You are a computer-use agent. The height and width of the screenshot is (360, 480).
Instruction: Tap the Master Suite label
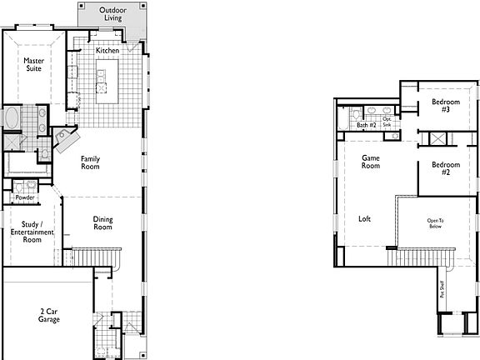(33, 64)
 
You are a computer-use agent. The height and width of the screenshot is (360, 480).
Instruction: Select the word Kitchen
(107, 51)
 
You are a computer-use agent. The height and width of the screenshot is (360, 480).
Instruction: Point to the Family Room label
(90, 162)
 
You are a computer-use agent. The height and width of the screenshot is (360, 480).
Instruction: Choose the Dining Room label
(102, 222)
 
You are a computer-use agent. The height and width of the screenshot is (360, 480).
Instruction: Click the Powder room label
(25, 197)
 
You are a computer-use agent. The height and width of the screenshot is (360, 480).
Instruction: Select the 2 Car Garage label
(49, 315)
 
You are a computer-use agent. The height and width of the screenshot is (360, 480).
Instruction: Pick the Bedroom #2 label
(440, 168)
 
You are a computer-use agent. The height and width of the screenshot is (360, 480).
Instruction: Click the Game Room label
(371, 161)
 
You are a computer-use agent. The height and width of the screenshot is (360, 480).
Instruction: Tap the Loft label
(364, 219)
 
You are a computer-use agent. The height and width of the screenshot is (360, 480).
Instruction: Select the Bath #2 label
(367, 125)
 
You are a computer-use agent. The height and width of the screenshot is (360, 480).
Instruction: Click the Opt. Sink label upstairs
(387, 122)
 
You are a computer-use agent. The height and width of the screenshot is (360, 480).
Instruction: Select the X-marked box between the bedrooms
(439, 138)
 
